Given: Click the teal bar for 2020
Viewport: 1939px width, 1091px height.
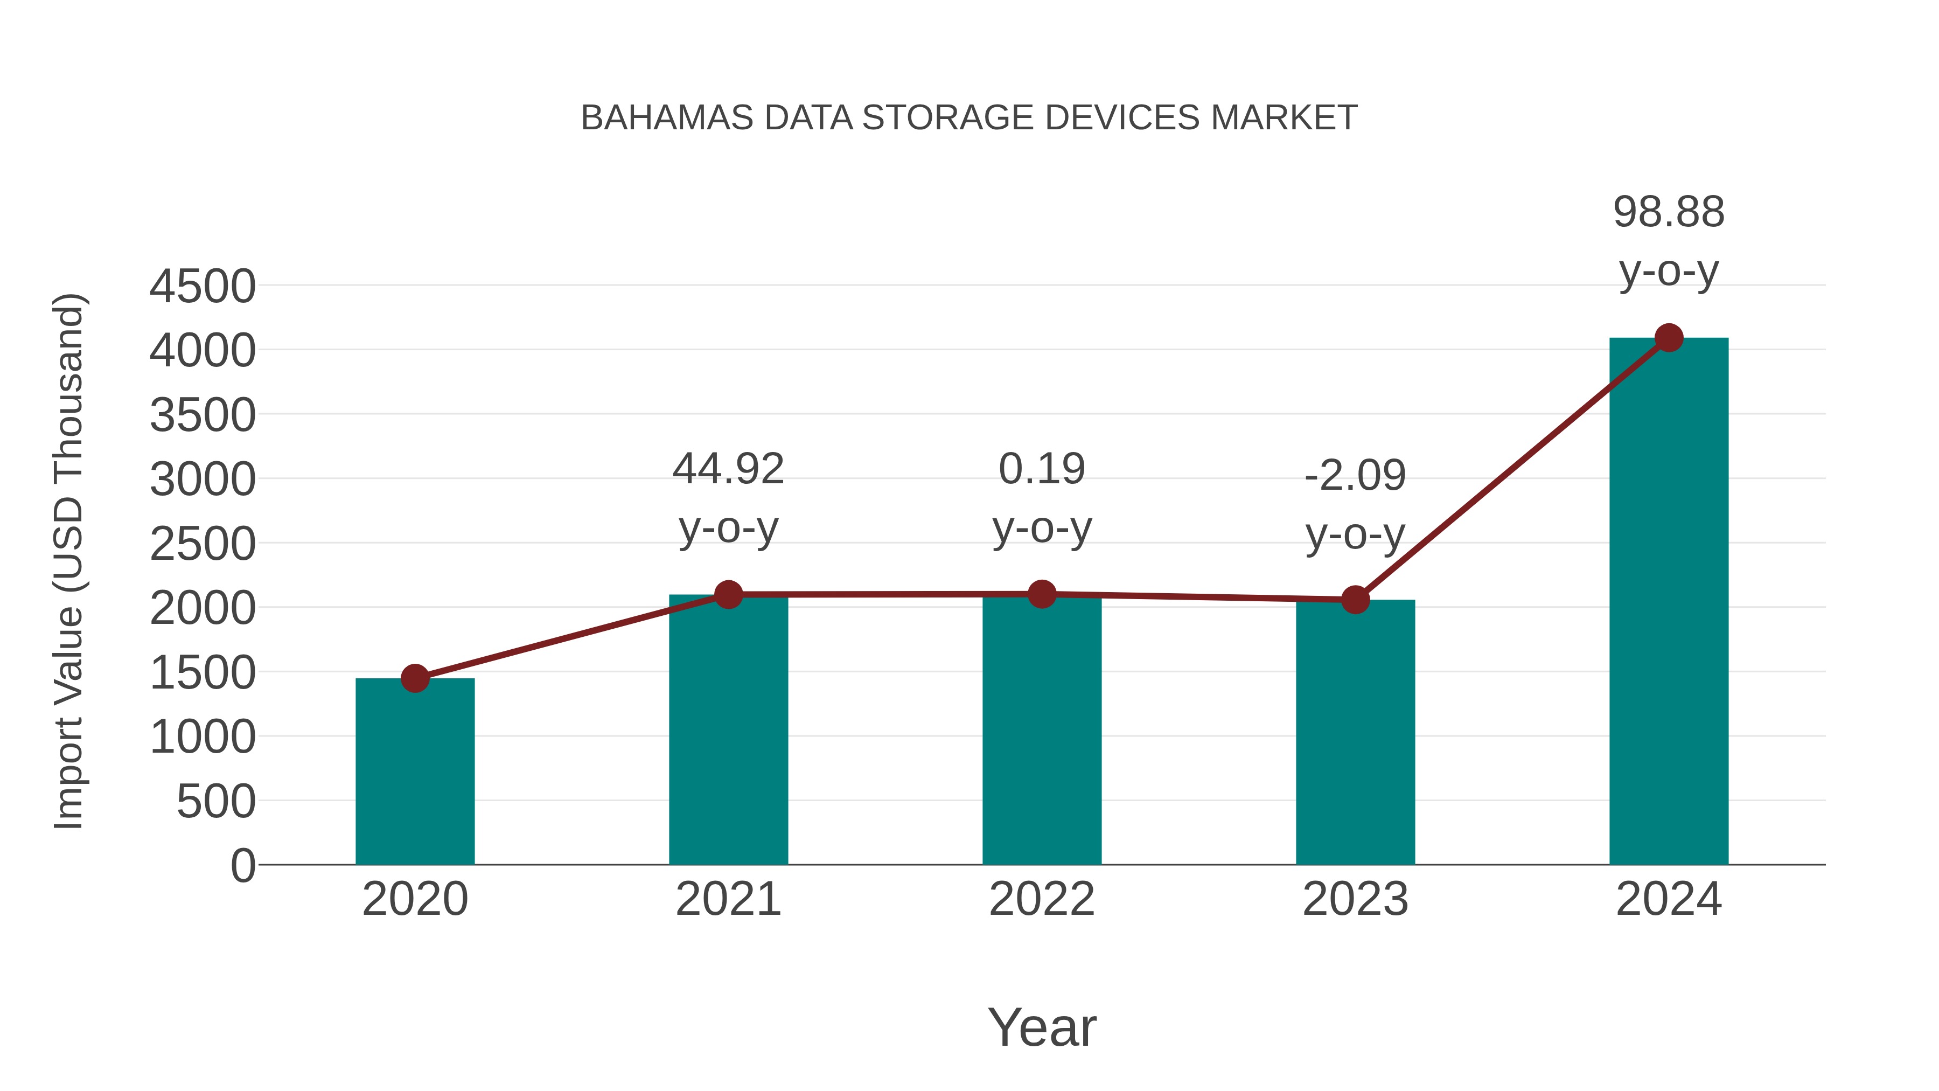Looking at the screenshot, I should (x=415, y=772).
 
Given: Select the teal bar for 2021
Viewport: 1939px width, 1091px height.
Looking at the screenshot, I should (x=728, y=731).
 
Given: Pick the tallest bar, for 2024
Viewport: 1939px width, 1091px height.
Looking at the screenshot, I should (x=1668, y=602).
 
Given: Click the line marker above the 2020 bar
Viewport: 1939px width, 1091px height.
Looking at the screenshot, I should (x=415, y=678).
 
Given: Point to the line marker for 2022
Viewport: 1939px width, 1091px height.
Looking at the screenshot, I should (x=1042, y=594).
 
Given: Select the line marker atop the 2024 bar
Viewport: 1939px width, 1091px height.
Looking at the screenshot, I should (x=1669, y=338).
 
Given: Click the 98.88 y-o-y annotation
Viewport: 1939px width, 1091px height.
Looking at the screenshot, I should (x=1668, y=241).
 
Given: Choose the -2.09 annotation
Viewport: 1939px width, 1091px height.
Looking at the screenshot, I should (x=1355, y=504).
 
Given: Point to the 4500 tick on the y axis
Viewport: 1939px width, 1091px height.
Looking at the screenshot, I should (x=203, y=287).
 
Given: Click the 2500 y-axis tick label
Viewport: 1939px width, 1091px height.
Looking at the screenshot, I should (x=203, y=544).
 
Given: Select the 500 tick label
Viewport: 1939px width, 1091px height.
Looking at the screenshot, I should (x=215, y=802).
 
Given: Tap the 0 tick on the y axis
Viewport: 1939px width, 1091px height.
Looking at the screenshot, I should (x=242, y=866).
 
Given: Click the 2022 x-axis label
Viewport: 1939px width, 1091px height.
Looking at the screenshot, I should (x=1042, y=899).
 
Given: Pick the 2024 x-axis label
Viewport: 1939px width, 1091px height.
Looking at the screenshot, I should (x=1668, y=899).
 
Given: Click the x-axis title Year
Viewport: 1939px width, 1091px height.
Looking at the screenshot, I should (x=1042, y=1028).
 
